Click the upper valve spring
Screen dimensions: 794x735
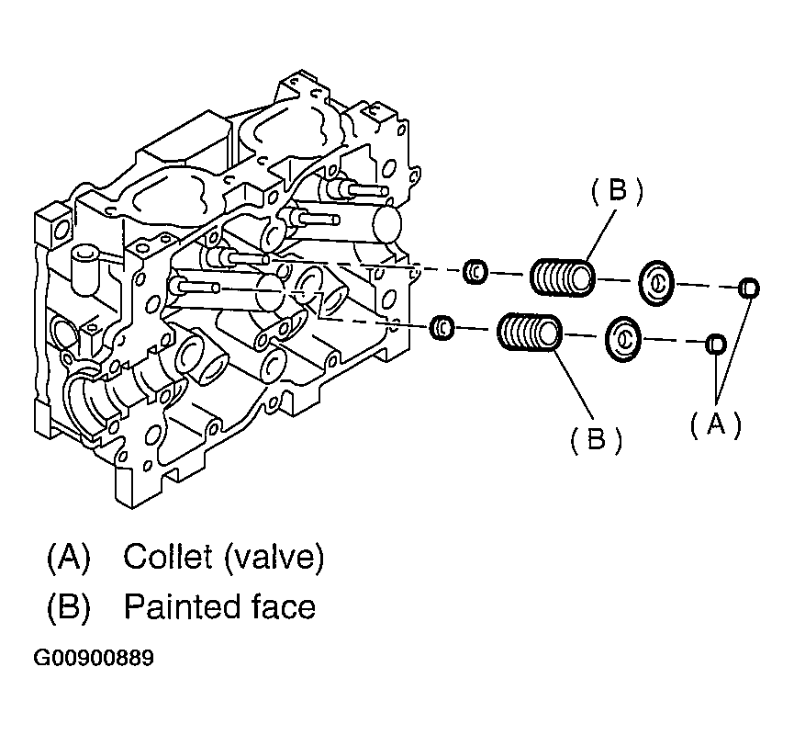coord(562,277)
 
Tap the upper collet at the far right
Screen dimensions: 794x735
coord(748,288)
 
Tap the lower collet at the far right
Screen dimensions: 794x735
coord(716,345)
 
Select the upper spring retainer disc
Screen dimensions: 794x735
coord(657,283)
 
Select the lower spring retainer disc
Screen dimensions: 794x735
coord(623,339)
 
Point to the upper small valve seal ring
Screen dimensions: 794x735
coord(475,272)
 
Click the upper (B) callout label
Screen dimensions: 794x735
coord(617,191)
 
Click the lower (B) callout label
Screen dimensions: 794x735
coord(596,438)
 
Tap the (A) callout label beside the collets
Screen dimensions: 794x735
coord(715,424)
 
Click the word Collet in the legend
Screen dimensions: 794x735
coord(168,556)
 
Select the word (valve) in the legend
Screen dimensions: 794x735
coord(274,558)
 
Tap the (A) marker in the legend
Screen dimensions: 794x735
coord(68,558)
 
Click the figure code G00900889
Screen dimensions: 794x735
coord(94,658)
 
